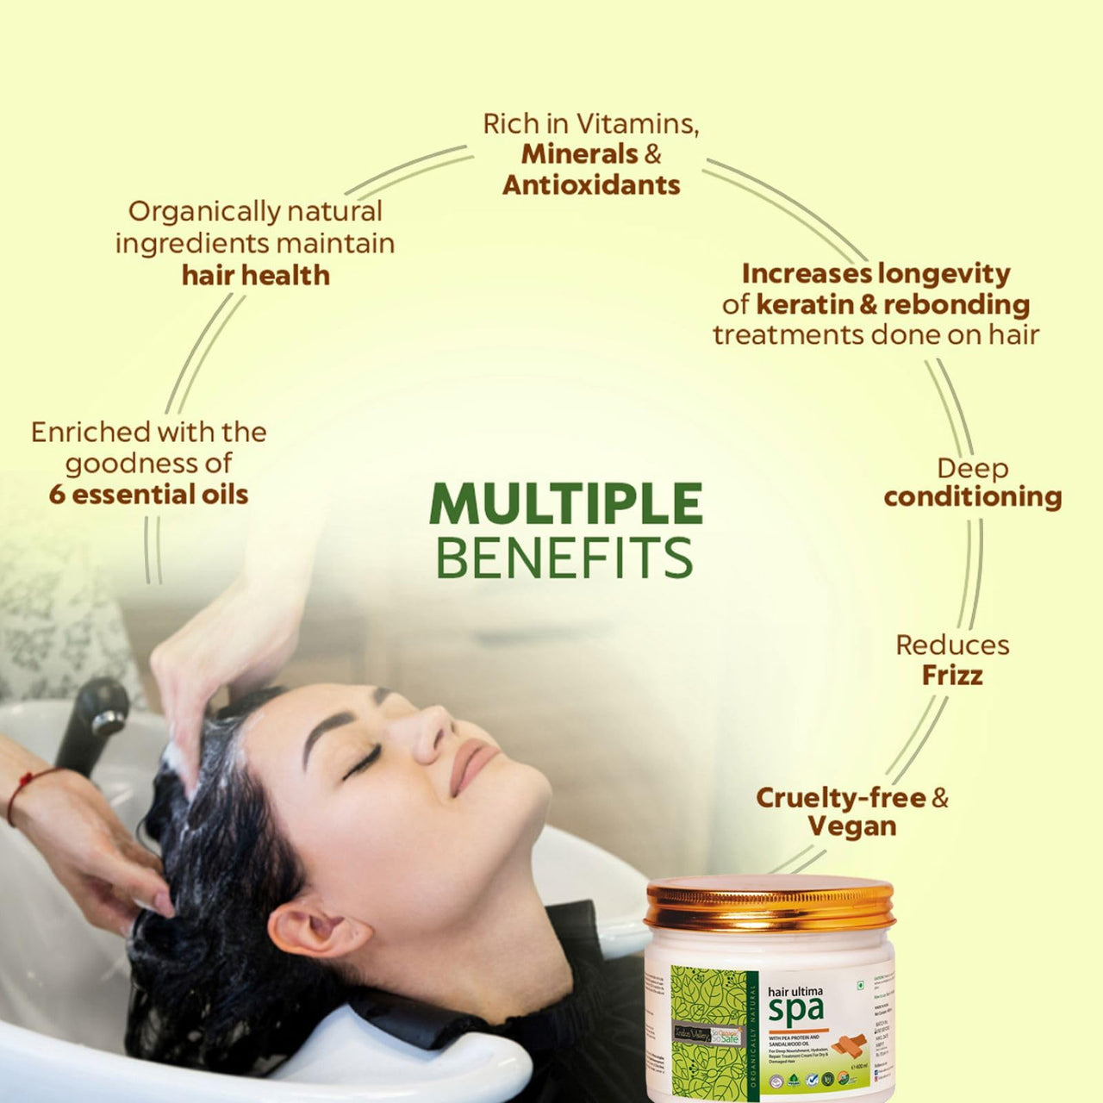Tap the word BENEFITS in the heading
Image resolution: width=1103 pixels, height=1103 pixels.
564,558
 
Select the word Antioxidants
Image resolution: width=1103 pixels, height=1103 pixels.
591,184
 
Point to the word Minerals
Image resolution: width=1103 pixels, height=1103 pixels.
579,154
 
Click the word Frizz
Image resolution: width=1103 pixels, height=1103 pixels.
952,675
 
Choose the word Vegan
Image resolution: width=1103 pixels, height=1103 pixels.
852,826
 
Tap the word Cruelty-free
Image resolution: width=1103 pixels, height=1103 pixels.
840,797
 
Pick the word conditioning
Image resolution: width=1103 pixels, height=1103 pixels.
973,496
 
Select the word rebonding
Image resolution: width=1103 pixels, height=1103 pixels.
957,304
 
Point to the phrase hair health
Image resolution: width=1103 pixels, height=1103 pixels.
256,275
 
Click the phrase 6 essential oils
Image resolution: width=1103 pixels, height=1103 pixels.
148,495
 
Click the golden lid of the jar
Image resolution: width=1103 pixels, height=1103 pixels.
770,903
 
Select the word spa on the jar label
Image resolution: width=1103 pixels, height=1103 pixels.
795,1008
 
